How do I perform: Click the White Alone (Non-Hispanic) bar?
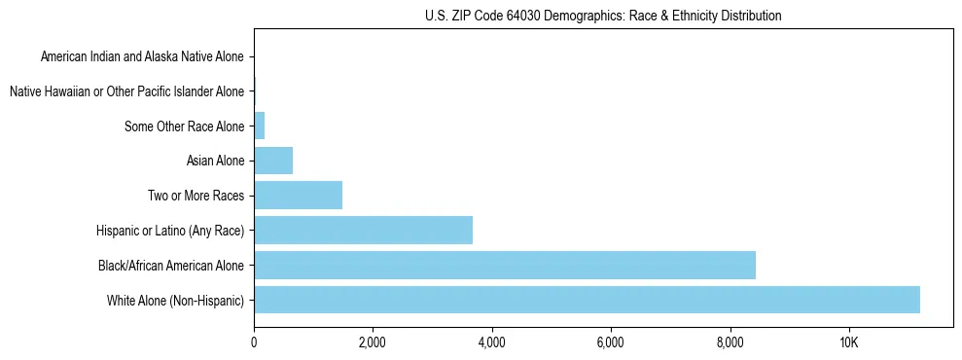point(587,300)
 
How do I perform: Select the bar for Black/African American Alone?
point(504,265)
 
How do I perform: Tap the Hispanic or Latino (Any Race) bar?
point(363,231)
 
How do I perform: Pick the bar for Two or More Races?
point(298,196)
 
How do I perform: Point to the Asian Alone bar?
point(273,161)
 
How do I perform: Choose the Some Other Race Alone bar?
point(260,126)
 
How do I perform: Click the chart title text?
point(603,17)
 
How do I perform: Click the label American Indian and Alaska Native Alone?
point(143,57)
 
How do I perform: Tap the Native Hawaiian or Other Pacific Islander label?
point(126,92)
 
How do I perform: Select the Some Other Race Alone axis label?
point(185,126)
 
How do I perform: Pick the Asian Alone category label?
point(215,161)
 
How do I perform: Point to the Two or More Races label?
point(196,196)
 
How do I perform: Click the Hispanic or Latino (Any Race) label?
point(170,231)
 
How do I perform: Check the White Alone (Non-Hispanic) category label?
point(176,300)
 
